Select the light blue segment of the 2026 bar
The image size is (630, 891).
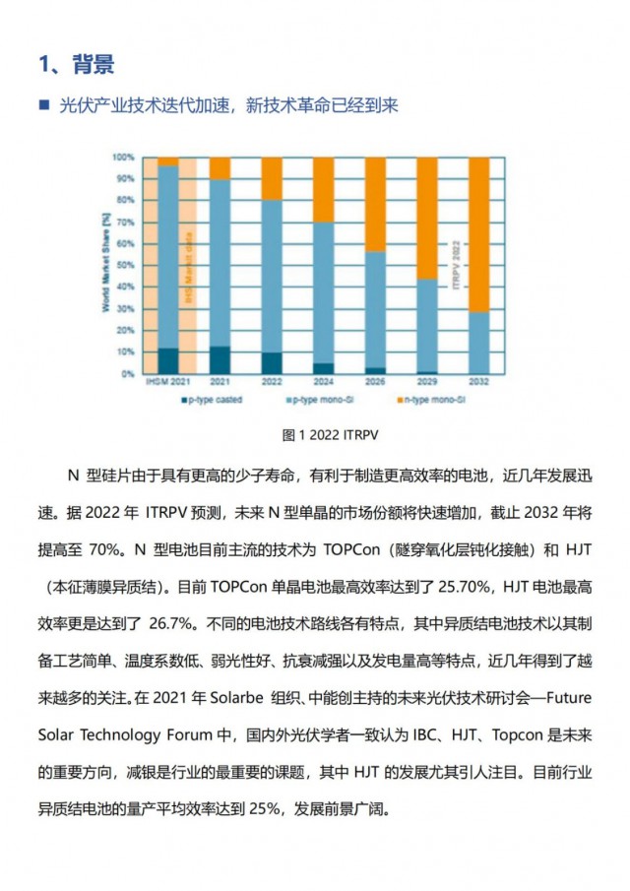point(375,309)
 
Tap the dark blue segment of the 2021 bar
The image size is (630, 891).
point(220,360)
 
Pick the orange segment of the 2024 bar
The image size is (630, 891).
point(323,189)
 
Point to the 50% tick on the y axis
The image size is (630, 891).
point(124,266)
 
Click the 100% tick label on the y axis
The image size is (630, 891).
point(122,158)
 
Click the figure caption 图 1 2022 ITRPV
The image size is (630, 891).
point(314,433)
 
